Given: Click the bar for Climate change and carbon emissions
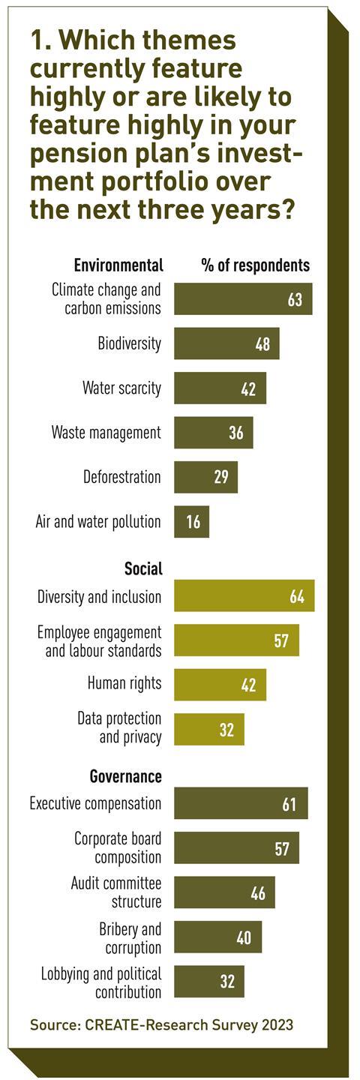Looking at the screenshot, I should pyautogui.click(x=242, y=299).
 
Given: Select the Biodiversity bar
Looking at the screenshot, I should pyautogui.click(x=226, y=343).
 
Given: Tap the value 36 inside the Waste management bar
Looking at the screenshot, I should pyautogui.click(x=236, y=433).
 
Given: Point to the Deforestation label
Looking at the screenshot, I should pyautogui.click(x=122, y=477).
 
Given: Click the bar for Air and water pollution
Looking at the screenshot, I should pyautogui.click(x=191, y=521).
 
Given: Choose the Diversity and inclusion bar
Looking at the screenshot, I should pyautogui.click(x=244, y=596).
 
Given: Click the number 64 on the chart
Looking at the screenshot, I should pyautogui.click(x=298, y=597).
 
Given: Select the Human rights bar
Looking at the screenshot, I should pyautogui.click(x=220, y=684).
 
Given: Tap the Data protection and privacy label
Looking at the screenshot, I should pyautogui.click(x=119, y=728).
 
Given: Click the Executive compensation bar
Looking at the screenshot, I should pyautogui.click(x=241, y=803).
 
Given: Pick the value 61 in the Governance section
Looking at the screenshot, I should pyautogui.click(x=290, y=805).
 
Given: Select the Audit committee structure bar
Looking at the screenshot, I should pyautogui.click(x=224, y=892).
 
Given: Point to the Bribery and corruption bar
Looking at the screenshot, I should pyautogui.click(x=217, y=937).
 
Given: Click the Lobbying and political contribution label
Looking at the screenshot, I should pyautogui.click(x=101, y=982).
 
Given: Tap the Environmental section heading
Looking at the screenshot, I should pyautogui.click(x=118, y=265).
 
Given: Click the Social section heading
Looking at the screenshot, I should pyautogui.click(x=143, y=568).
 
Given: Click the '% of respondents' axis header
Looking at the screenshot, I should pyautogui.click(x=255, y=265).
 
